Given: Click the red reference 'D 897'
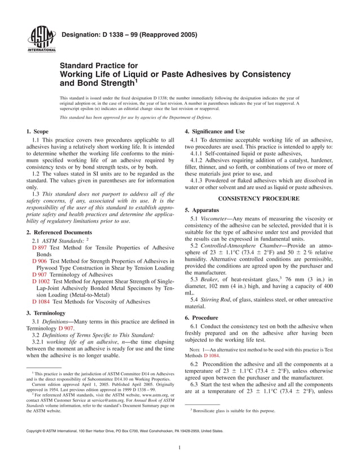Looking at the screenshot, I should (x=39, y=248).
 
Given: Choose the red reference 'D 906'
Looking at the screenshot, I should (x=39, y=262).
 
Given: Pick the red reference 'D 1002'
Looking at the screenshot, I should (x=41, y=280).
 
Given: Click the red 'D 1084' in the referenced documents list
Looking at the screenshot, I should (x=41, y=301).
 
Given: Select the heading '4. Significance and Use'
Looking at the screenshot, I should (x=215, y=131).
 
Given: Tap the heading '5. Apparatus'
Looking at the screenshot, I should (x=203, y=209).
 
